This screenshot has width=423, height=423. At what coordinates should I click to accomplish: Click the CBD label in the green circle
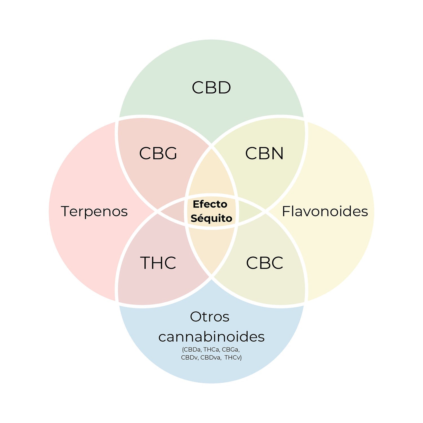click(211, 87)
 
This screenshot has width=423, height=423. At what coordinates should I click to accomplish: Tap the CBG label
click(158, 153)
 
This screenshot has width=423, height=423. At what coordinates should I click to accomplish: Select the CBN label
click(264, 153)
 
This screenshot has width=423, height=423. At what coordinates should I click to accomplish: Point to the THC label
click(158, 263)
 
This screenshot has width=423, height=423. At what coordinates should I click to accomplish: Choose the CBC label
click(265, 263)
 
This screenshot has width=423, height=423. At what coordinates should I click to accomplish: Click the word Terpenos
click(94, 211)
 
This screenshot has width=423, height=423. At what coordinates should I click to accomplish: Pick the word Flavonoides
click(325, 211)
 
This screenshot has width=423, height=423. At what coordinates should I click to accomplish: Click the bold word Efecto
click(210, 204)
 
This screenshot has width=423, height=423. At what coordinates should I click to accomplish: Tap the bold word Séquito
click(211, 218)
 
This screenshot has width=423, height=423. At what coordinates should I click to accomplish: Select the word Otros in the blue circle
click(210, 317)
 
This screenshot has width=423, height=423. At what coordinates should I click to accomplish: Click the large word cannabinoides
click(211, 336)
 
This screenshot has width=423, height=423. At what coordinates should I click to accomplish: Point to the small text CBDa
click(192, 350)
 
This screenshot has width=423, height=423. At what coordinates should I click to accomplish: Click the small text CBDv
click(190, 358)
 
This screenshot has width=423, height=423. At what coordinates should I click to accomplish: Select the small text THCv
click(233, 358)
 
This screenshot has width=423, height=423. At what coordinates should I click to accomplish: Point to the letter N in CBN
click(277, 153)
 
